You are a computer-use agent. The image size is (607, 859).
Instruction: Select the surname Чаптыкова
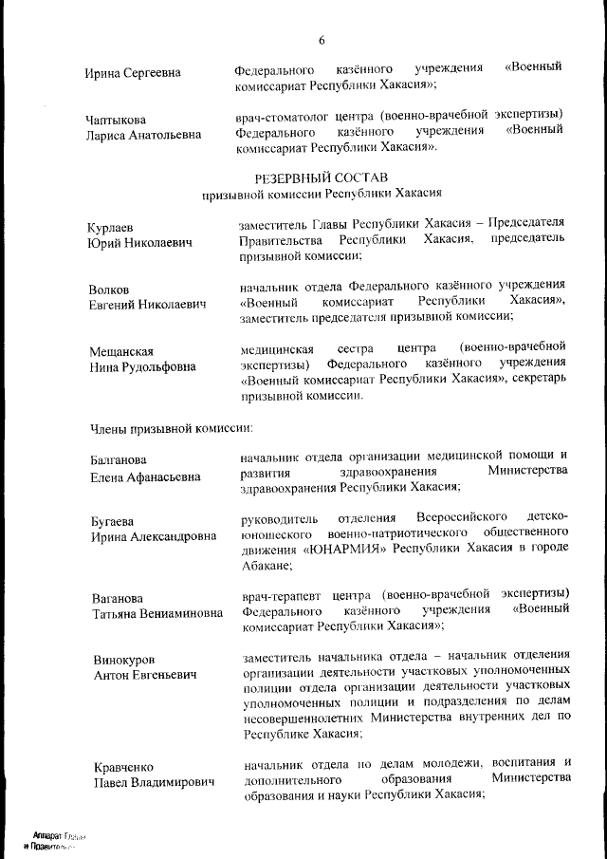point(118,120)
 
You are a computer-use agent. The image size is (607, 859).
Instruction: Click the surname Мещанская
point(121,351)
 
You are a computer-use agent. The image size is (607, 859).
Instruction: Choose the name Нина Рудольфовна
point(143,366)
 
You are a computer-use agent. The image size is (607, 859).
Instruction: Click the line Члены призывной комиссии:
point(171,427)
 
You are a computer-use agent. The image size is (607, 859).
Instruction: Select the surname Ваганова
point(117,598)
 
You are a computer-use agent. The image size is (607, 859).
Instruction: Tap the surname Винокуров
point(122,660)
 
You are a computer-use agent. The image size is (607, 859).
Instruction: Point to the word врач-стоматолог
point(283,114)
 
